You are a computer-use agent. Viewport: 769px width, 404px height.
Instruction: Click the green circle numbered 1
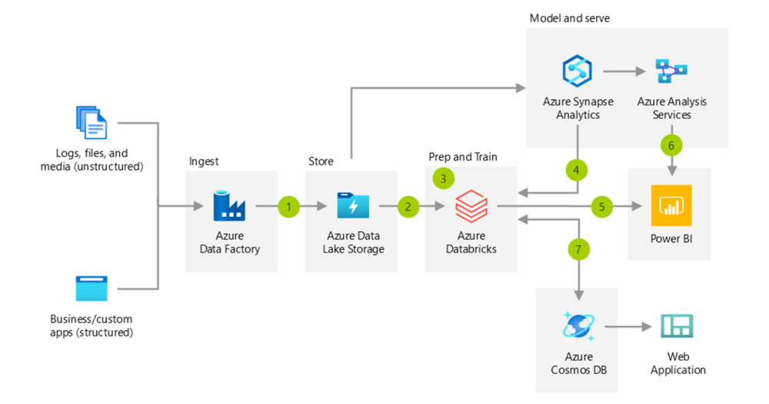pos(288,206)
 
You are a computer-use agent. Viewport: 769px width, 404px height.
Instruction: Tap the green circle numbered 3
pos(444,178)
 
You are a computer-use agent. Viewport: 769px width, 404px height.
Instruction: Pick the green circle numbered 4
pos(578,169)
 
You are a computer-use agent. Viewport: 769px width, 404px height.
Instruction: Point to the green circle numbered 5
pos(602,206)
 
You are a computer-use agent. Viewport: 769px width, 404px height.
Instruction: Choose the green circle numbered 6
pos(671,145)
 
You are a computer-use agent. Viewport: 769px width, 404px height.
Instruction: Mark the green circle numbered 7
pos(578,249)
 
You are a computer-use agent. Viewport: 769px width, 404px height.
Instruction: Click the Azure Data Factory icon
pos(229,206)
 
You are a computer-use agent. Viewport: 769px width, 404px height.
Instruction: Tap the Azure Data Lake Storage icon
pos(353,206)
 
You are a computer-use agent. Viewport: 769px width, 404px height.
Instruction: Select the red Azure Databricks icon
pos(471,206)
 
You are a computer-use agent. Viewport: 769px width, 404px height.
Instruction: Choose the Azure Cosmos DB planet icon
pos(578,327)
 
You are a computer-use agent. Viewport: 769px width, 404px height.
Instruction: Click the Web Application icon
pos(677,327)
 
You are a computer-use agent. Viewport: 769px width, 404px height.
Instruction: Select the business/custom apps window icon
pos(92,289)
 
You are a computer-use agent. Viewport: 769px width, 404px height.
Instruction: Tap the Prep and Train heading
pos(463,157)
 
